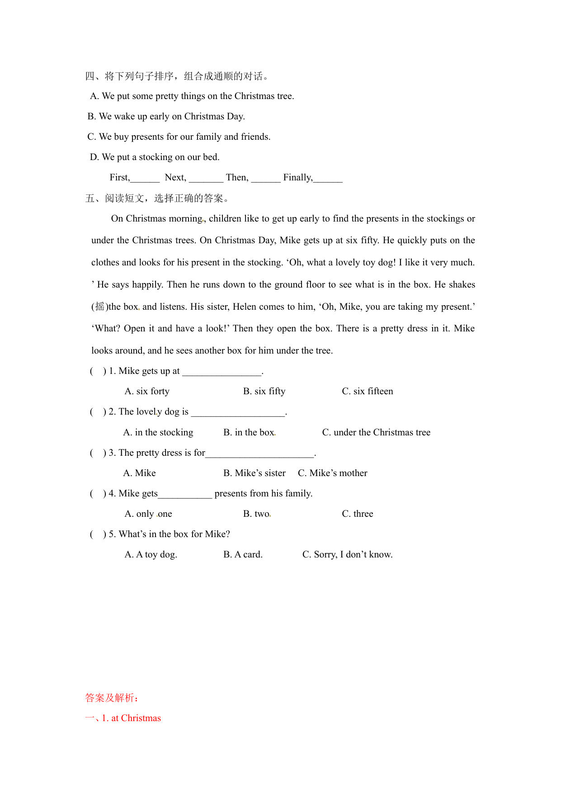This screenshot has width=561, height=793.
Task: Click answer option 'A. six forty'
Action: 147,391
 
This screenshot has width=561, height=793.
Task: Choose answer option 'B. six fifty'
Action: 264,391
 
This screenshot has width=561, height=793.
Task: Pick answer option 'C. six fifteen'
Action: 367,391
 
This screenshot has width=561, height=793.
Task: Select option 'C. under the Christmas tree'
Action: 376,432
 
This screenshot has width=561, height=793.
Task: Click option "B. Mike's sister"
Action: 254,473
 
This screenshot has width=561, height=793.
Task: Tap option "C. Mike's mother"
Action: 332,473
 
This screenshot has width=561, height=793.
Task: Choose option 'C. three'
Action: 357,514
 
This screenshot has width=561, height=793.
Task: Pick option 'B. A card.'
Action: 243,554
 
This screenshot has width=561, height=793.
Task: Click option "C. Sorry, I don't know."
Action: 347,554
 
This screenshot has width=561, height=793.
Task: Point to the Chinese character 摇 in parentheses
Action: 99,307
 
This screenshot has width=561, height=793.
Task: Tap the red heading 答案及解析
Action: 112,698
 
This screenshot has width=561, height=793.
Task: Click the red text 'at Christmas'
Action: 136,718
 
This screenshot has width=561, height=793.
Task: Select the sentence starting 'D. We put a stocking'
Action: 155,157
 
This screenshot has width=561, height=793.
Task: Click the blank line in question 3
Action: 259,453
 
